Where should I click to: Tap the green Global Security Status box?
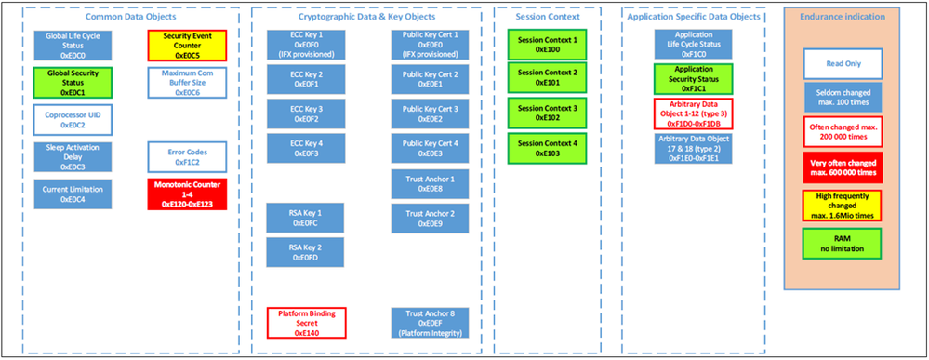click(72, 81)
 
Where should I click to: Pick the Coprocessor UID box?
click(72, 118)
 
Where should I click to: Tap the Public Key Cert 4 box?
click(431, 149)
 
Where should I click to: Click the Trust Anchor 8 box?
click(431, 323)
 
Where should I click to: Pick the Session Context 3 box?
click(547, 113)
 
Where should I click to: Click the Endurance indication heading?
click(843, 16)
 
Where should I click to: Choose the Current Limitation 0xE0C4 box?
click(72, 193)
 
